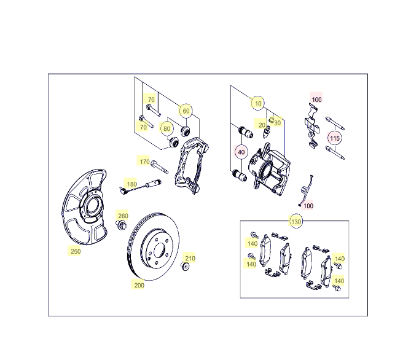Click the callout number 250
pyautogui.click(x=76, y=251)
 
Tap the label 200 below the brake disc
pyautogui.click(x=139, y=285)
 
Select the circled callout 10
pyautogui.click(x=258, y=103)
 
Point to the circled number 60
pyautogui.click(x=186, y=111)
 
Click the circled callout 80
pyautogui.click(x=166, y=128)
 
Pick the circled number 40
pyautogui.click(x=241, y=152)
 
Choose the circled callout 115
pyautogui.click(x=335, y=138)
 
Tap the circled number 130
pyautogui.click(x=296, y=222)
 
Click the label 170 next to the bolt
pyautogui.click(x=144, y=162)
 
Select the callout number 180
pyautogui.click(x=131, y=184)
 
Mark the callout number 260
pyautogui.click(x=123, y=216)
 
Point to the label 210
pyautogui.click(x=190, y=258)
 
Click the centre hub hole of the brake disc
pyautogui.click(x=159, y=250)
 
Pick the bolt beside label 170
pyautogui.click(x=160, y=167)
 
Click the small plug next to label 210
pyautogui.click(x=185, y=267)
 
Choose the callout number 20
pyautogui.click(x=262, y=125)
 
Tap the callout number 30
pyautogui.click(x=277, y=123)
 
